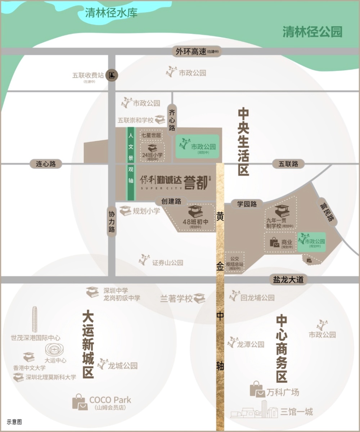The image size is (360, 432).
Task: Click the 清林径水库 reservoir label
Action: pos(111,13)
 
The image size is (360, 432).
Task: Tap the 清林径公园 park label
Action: pos(312,32)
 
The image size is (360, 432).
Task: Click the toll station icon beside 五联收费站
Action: pos(112,76)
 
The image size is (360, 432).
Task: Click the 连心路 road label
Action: pos(46,164)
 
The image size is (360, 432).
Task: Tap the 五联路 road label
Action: pos(288,164)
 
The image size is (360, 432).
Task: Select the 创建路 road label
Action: pos(171,202)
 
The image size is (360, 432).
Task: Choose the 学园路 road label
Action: pos(247,204)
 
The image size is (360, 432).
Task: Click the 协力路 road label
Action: pos(112,221)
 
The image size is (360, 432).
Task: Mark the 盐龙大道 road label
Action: pos(288,280)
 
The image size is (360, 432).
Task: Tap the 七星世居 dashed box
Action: pos(151,135)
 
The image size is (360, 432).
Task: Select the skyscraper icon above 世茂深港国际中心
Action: pos(35,320)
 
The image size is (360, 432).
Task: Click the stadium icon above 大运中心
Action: pos(53,349)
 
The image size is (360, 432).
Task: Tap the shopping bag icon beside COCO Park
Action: pos(80,401)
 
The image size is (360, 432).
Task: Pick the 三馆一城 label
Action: pos(297,411)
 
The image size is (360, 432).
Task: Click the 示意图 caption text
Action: pos(14,422)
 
